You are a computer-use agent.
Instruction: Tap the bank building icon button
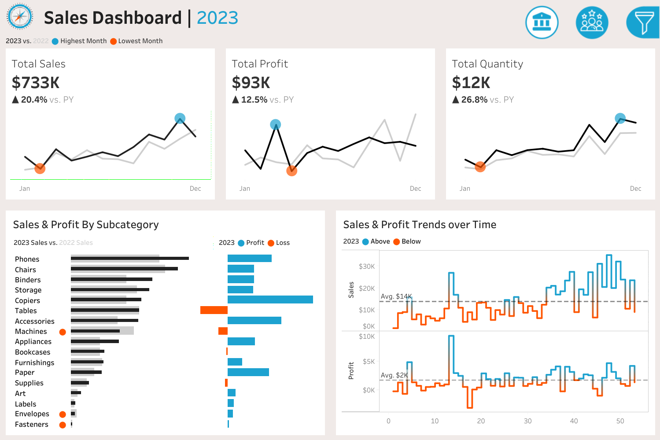[x=542, y=22]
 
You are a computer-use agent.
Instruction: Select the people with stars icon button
[x=592, y=22]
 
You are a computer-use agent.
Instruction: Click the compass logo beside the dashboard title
[x=20, y=17]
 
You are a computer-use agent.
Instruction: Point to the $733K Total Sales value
[x=36, y=83]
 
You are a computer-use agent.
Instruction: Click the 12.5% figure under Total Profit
[x=254, y=100]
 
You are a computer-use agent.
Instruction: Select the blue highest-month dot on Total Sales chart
[x=180, y=118]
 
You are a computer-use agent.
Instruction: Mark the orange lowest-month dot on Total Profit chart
[x=291, y=170]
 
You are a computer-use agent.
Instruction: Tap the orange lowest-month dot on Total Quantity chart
[x=480, y=166]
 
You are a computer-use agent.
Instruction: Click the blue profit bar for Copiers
[x=270, y=299]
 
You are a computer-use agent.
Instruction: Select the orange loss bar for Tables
[x=214, y=310]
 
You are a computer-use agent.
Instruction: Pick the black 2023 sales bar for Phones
[x=130, y=258]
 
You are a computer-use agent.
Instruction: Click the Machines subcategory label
[x=31, y=332]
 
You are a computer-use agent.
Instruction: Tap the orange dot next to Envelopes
[x=63, y=414]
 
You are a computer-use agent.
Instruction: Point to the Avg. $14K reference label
[x=396, y=296]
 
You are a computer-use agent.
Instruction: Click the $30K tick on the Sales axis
[x=366, y=266]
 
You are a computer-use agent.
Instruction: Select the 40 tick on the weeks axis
[x=574, y=421]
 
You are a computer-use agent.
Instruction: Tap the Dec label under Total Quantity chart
[x=635, y=189]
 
